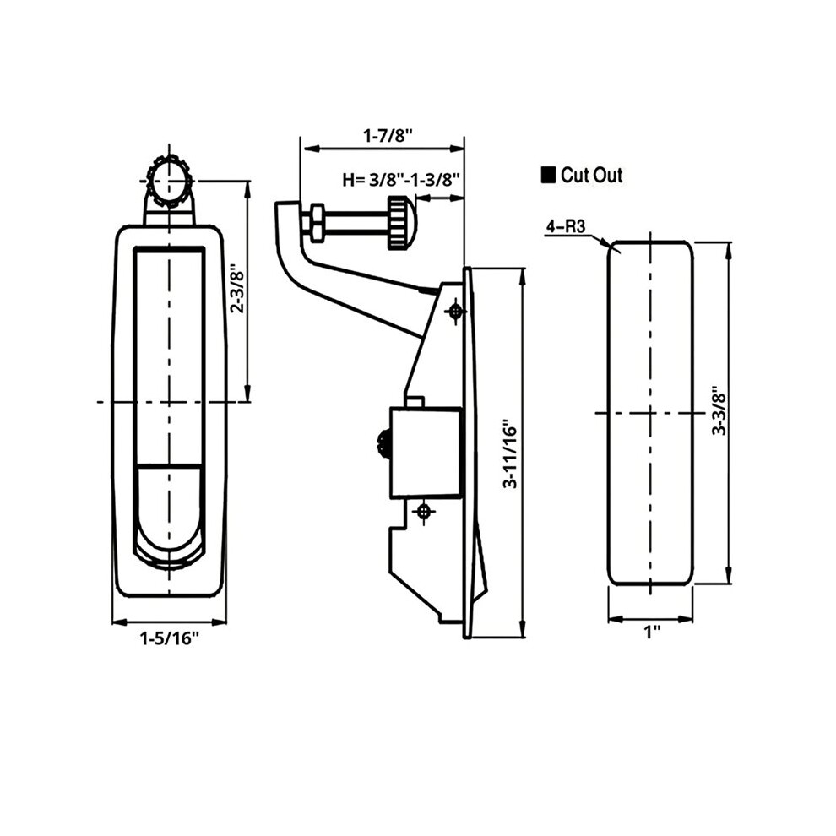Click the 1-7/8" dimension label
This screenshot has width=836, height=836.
(x=388, y=136)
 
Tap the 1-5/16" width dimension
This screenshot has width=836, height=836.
(x=169, y=638)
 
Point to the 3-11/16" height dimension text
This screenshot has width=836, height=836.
(x=511, y=457)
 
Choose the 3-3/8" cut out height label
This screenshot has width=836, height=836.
(x=719, y=411)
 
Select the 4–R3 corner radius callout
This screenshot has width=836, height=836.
(x=565, y=227)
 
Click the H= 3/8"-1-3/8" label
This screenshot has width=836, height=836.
(x=401, y=180)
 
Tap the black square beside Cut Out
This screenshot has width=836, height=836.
(x=548, y=176)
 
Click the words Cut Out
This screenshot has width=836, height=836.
(x=592, y=175)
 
